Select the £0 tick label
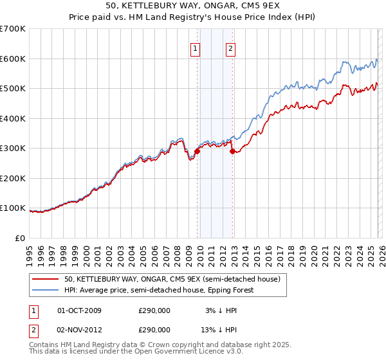21,238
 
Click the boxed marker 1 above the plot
195,47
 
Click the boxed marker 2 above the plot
230,47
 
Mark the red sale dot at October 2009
197,151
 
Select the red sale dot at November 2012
232,151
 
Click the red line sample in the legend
46,280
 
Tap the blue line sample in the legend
46,290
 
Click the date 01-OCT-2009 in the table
80,310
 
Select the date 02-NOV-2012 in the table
80,329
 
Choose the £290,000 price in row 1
154,310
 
